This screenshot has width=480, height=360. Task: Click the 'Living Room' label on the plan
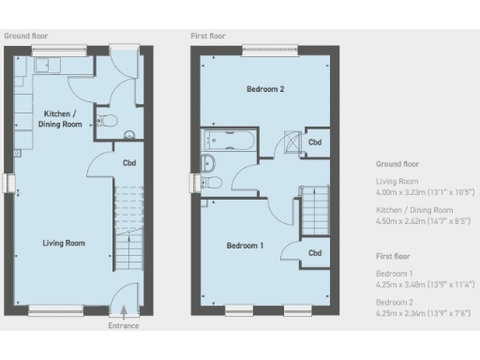click(64, 243)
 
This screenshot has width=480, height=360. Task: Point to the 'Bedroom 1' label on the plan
click(246, 246)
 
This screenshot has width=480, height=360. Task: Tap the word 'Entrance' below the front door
click(123, 325)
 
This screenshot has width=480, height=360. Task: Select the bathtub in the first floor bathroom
click(225, 142)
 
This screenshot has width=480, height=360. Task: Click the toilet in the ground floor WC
click(110, 120)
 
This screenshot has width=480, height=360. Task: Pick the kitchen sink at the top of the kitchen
click(46, 67)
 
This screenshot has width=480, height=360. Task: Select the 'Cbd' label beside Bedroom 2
click(316, 142)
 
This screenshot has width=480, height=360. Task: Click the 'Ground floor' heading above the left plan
click(25, 36)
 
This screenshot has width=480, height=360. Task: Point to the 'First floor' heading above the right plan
click(208, 36)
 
